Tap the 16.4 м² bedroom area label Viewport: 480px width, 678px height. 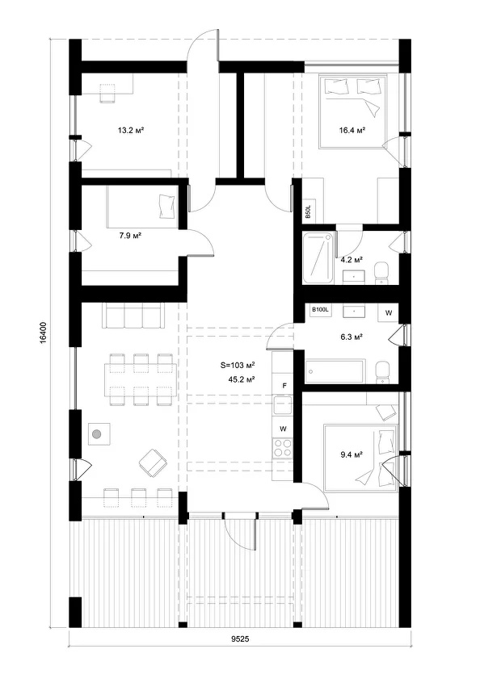[x=352, y=129]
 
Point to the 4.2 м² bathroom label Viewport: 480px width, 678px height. [x=352, y=260]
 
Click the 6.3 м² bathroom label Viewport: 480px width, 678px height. [x=352, y=337]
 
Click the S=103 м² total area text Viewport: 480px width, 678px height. [x=238, y=366]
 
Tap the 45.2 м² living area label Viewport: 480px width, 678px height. [x=242, y=379]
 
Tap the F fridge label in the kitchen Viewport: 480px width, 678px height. [x=284, y=385]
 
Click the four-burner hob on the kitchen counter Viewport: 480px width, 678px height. [x=283, y=447]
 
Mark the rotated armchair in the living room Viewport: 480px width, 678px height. [x=151, y=463]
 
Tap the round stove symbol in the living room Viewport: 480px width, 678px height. [x=98, y=435]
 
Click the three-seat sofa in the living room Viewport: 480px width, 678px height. [x=129, y=316]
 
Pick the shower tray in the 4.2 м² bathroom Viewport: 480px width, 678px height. [x=317, y=259]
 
